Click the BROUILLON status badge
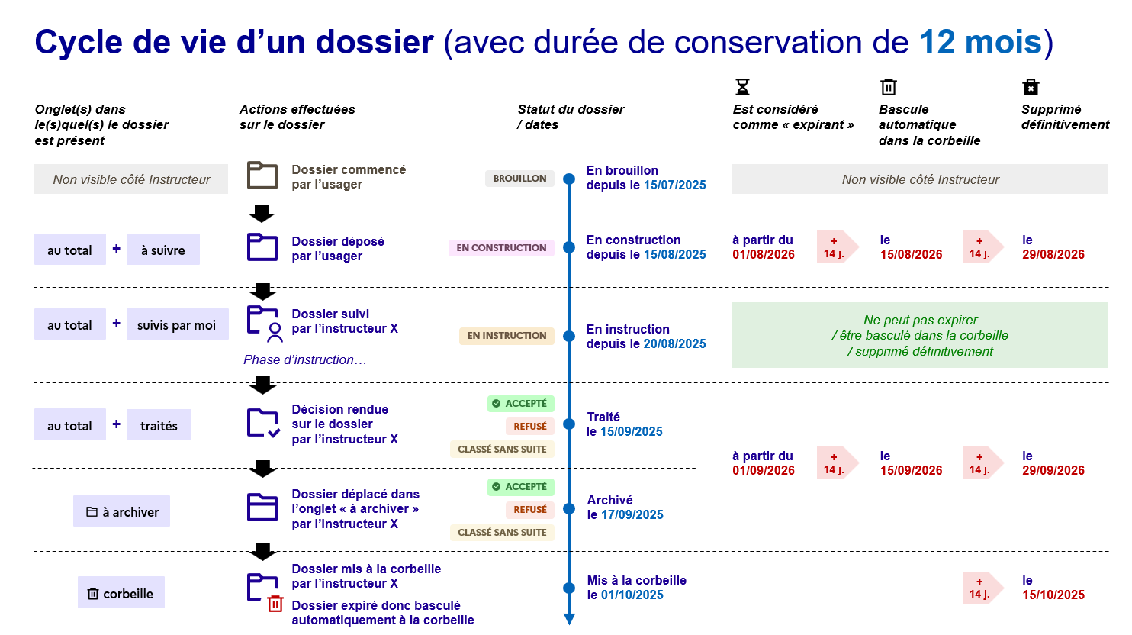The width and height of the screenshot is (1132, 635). point(519,179)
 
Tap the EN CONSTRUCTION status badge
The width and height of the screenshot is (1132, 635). point(501,248)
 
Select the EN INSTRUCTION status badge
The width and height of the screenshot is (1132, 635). point(507,336)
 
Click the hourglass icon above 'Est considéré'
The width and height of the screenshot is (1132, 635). point(742,87)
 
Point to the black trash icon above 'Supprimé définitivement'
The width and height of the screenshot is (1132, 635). point(1031,87)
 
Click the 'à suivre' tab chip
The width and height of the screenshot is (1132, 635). point(163,250)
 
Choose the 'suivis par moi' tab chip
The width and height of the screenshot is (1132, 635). point(176,325)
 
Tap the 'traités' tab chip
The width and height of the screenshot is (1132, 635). point(159,426)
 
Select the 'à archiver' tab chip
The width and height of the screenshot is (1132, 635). point(122,512)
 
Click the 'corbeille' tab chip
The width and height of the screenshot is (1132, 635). point(121,594)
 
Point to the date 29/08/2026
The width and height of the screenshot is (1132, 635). point(1053,255)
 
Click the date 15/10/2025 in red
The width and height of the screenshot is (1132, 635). point(1053,595)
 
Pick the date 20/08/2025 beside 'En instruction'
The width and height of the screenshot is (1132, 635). point(675,344)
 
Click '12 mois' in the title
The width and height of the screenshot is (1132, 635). point(980,42)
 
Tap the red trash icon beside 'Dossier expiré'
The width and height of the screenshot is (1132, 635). point(275,604)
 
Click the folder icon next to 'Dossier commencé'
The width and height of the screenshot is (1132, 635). point(262,176)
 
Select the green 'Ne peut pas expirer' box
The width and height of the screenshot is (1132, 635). point(920,336)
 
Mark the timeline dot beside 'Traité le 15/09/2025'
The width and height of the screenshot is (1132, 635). point(569,424)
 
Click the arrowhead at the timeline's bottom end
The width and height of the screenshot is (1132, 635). point(569,619)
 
